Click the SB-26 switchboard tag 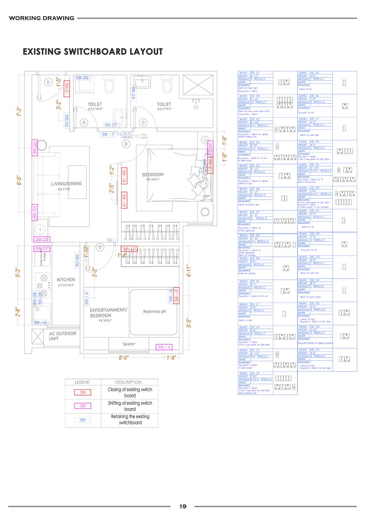82,78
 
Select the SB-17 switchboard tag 108,134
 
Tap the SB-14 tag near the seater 164,347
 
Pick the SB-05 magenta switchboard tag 42,239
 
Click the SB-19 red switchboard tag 124,200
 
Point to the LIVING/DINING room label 66,184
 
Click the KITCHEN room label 66,280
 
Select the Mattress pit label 154,311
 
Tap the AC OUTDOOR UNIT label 62,336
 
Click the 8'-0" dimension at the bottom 124,358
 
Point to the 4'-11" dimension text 189,271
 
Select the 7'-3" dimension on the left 19,111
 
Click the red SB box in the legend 83,392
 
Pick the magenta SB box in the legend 83,406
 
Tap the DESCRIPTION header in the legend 128,382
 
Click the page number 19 183,506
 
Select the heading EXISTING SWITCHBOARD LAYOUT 93,51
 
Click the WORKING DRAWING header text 41,18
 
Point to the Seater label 129,344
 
